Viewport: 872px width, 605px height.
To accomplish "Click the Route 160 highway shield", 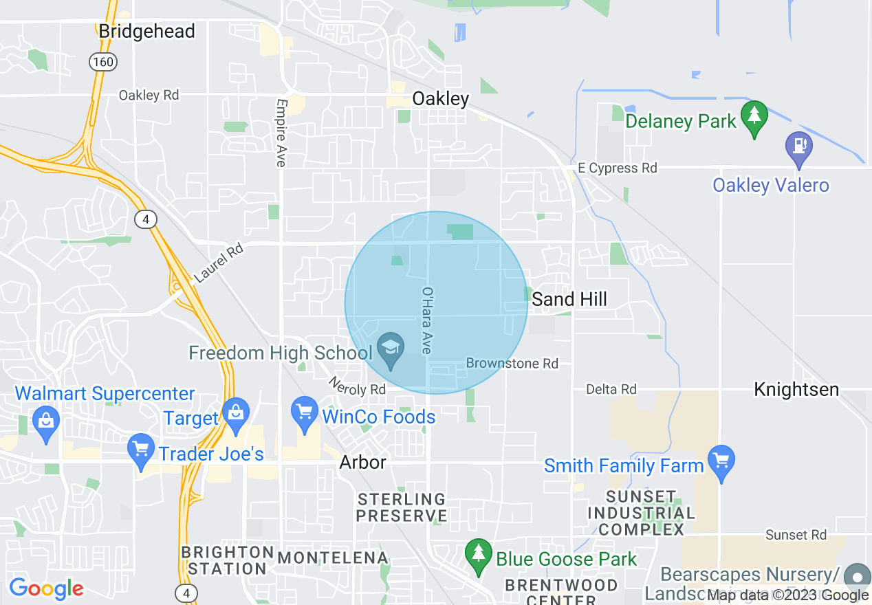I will point(103,62).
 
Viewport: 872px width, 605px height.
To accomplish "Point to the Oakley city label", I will point(441,99).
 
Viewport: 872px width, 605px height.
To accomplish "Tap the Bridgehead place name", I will point(146,31).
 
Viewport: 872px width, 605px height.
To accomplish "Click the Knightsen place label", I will point(796,389).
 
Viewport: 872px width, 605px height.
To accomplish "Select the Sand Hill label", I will point(569,299).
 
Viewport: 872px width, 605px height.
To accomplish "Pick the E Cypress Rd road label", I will point(617,168).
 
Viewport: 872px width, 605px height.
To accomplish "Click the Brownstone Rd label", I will point(512,363).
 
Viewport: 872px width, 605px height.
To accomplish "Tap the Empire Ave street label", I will point(281,133).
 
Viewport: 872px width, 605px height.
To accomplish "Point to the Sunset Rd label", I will point(796,535).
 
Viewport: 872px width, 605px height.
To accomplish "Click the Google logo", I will point(47,588).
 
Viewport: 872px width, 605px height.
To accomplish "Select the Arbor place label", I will point(362,462).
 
